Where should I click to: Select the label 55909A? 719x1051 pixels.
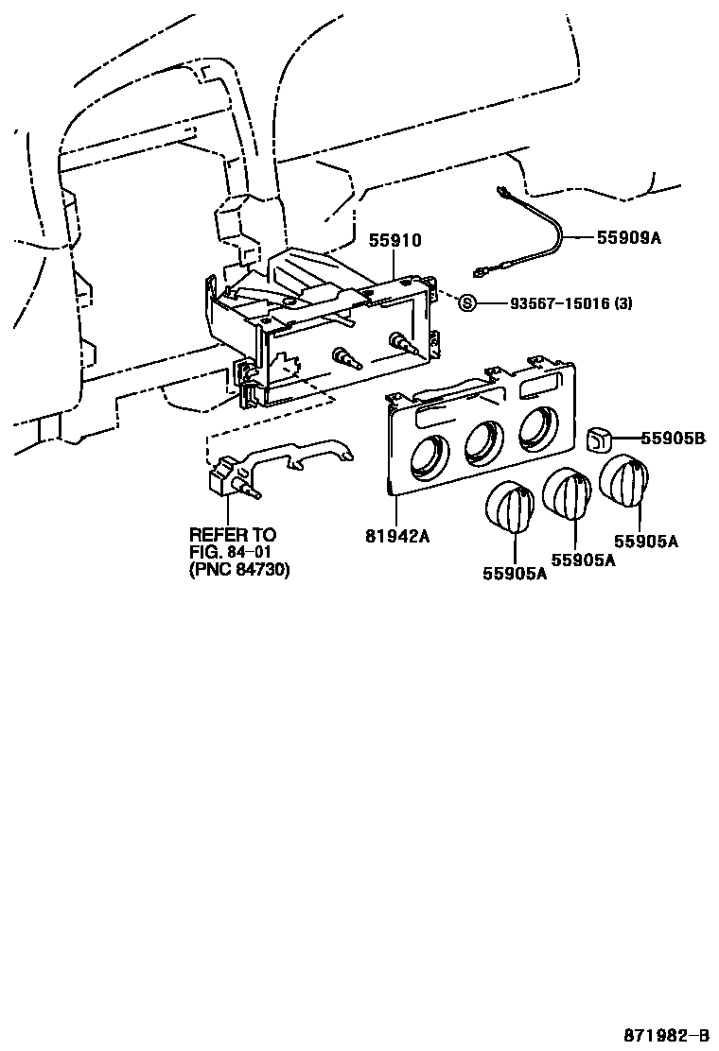[x=628, y=238]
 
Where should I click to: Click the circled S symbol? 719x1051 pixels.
[x=465, y=302]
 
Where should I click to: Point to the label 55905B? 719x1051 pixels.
[x=673, y=438]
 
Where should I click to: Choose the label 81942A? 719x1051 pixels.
[x=397, y=536]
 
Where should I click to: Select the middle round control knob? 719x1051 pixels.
[x=569, y=495]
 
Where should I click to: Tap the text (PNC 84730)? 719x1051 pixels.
[x=238, y=570]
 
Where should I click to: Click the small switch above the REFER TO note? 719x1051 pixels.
[x=228, y=475]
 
